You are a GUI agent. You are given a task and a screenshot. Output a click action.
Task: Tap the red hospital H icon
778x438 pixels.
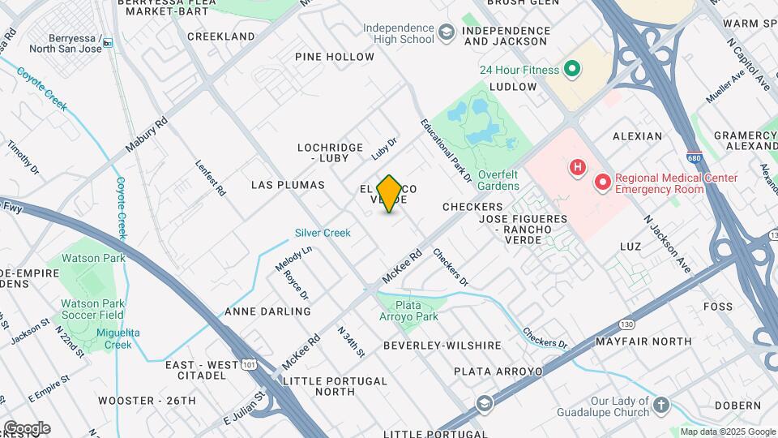[x=577, y=169]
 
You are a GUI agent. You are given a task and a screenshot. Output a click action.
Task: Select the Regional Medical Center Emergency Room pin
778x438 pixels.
[x=602, y=182]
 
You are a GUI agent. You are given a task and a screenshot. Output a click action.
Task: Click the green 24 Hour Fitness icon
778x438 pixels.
[x=572, y=69]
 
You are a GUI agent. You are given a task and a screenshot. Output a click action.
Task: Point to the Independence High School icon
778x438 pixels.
[x=446, y=33]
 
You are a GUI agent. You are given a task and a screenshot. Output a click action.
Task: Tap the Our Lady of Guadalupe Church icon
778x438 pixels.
[x=661, y=406]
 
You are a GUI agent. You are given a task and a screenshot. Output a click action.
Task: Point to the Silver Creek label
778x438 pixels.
[x=323, y=233]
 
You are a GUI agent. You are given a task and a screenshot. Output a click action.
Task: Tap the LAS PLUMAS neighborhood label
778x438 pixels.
[x=288, y=185]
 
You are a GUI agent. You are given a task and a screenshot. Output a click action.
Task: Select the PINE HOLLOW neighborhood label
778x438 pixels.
[x=335, y=57]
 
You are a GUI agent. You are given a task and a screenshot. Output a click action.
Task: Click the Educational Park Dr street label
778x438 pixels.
[x=446, y=149]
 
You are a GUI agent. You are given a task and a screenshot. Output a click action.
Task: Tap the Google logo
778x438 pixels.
[x=27, y=427]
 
